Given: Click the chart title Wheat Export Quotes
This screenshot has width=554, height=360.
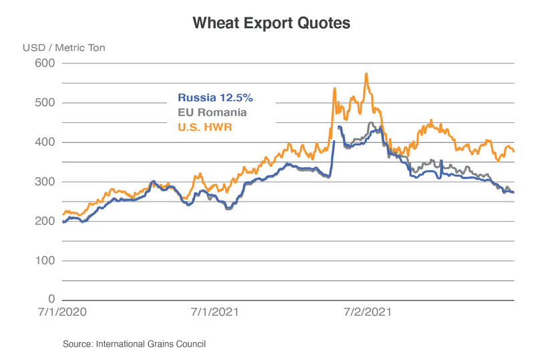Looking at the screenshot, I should tap(271, 23).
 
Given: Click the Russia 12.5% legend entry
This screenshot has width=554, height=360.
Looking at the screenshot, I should tap(215, 97).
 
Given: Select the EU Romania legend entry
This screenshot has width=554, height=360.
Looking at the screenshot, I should tap(212, 112).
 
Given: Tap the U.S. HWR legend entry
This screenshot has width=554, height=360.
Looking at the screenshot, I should tap(204, 127).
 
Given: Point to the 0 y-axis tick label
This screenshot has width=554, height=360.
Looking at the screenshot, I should tap(51, 299).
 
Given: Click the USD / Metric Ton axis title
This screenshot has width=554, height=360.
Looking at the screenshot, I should tap(63, 47).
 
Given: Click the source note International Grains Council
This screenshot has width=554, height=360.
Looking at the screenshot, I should tap(134, 344).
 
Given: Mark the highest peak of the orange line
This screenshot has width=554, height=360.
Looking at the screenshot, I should tap(366, 74).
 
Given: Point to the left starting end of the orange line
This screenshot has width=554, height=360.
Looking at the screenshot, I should tap(63, 214).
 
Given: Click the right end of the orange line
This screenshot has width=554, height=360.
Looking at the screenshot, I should tap(513, 151).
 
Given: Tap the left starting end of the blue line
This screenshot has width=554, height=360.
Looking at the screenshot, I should tap(63, 222).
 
